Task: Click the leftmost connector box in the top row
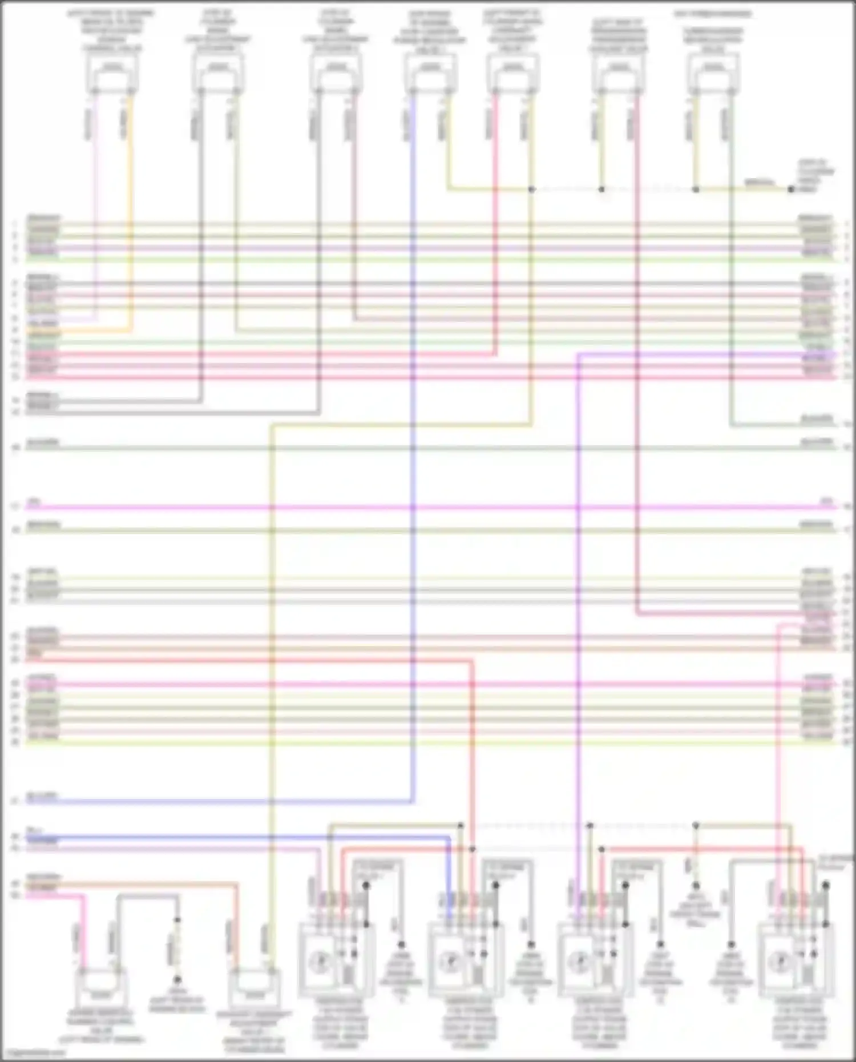pos(112,74)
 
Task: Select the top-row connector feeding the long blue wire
pos(430,74)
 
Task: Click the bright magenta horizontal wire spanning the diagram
pos(428,507)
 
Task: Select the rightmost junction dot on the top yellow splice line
pos(790,189)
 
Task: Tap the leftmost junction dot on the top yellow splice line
pos(531,189)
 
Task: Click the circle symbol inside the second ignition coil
pos(449,963)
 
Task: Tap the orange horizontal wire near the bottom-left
pos(143,885)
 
